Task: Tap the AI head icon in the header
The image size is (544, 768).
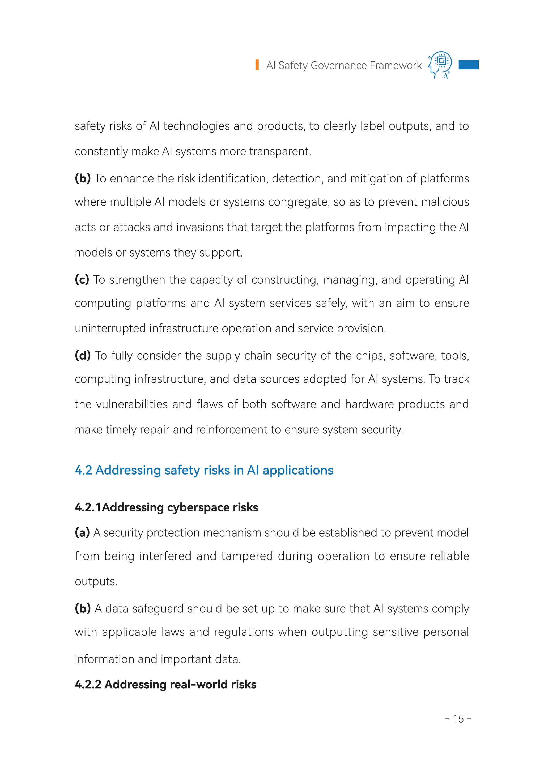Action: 440,65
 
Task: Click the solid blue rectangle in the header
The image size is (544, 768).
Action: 468,65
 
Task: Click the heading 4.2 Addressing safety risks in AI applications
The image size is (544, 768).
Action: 204,470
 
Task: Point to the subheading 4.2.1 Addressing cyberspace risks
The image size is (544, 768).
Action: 167,507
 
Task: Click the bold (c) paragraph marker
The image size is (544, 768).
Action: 82,279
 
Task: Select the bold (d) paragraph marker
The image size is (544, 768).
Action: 83,355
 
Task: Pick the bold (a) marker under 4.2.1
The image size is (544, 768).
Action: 82,532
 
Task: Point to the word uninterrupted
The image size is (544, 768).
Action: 110,328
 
